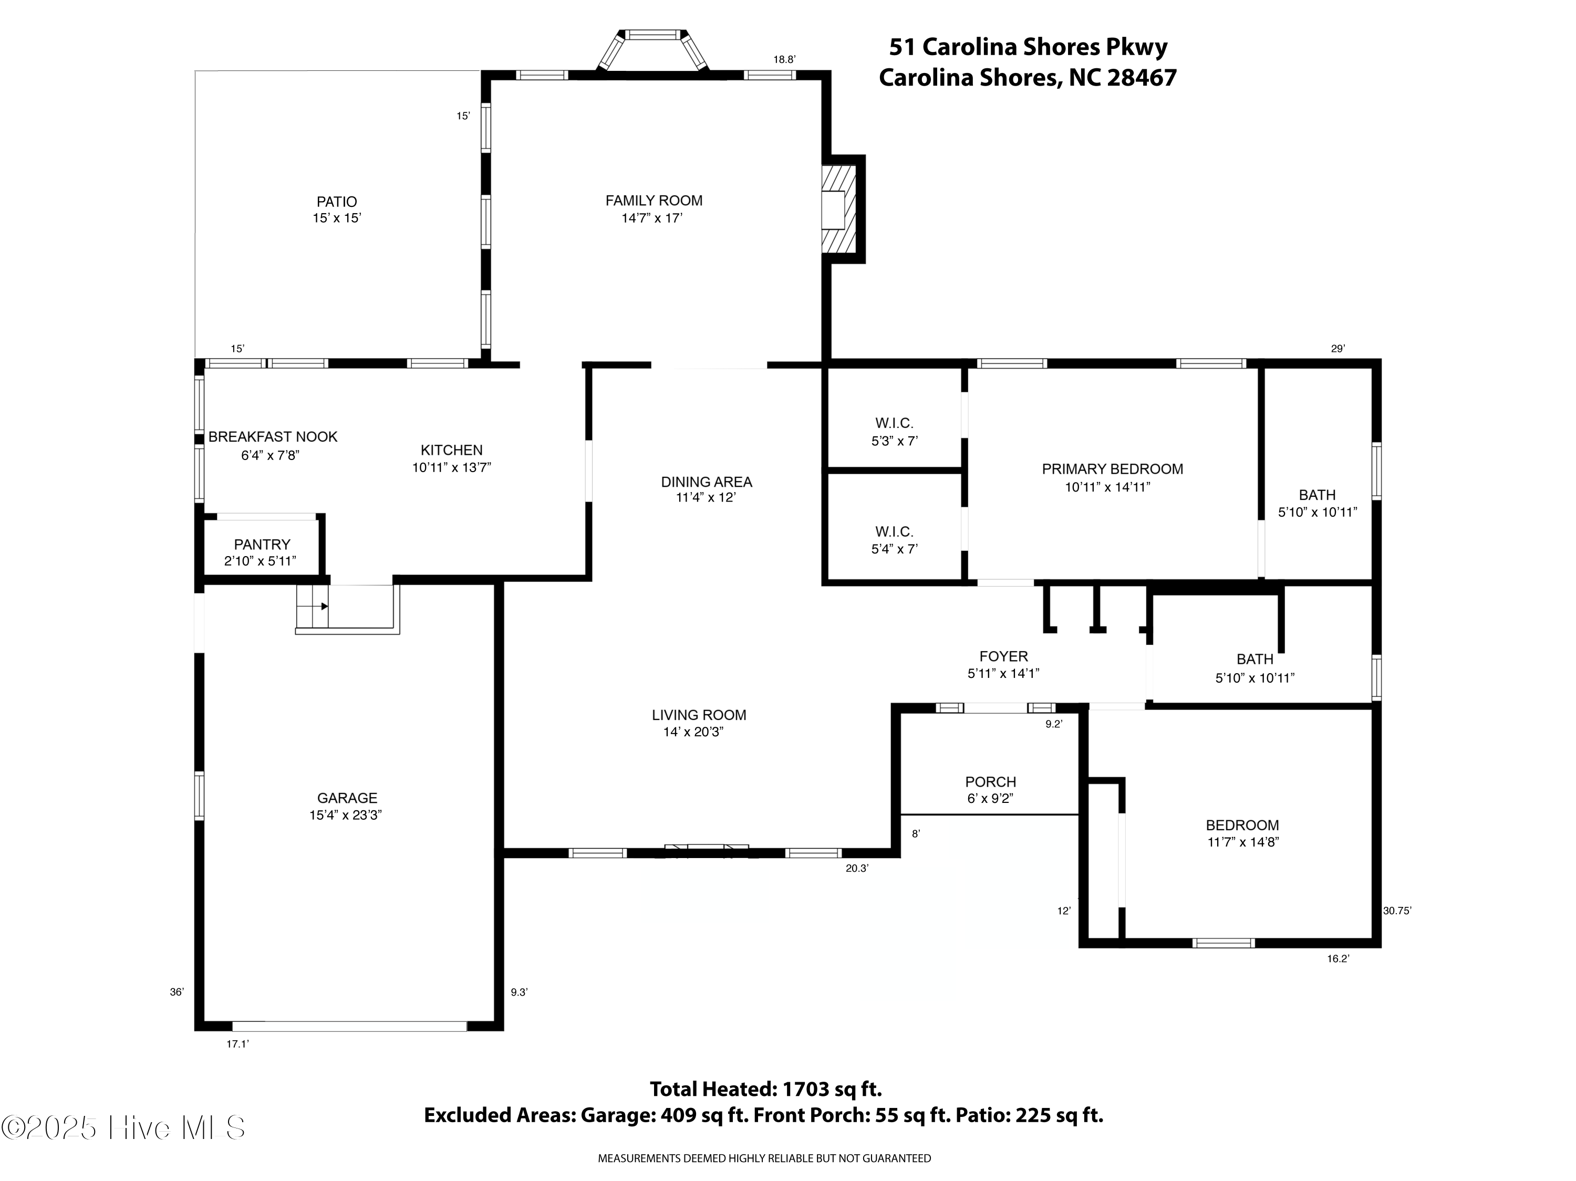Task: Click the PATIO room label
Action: pyautogui.click(x=336, y=202)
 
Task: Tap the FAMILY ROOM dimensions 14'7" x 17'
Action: pyautogui.click(x=652, y=218)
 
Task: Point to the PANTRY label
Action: pyautogui.click(x=262, y=544)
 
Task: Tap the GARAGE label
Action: pyautogui.click(x=347, y=798)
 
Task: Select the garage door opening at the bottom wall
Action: pyautogui.click(x=349, y=1027)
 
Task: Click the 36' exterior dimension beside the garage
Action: pyautogui.click(x=177, y=991)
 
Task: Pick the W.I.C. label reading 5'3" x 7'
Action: pyautogui.click(x=894, y=432)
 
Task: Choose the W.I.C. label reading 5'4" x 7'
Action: pyautogui.click(x=894, y=540)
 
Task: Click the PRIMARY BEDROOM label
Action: pyautogui.click(x=1112, y=469)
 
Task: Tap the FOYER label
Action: pyautogui.click(x=1003, y=656)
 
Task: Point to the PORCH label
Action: pyautogui.click(x=990, y=781)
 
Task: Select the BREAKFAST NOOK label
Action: pyautogui.click(x=273, y=437)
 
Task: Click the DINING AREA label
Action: pyautogui.click(x=706, y=482)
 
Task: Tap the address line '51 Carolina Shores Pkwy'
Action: pyautogui.click(x=1028, y=47)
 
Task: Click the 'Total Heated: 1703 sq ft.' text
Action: pyautogui.click(x=765, y=1089)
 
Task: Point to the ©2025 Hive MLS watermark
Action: pyautogui.click(x=123, y=1127)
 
